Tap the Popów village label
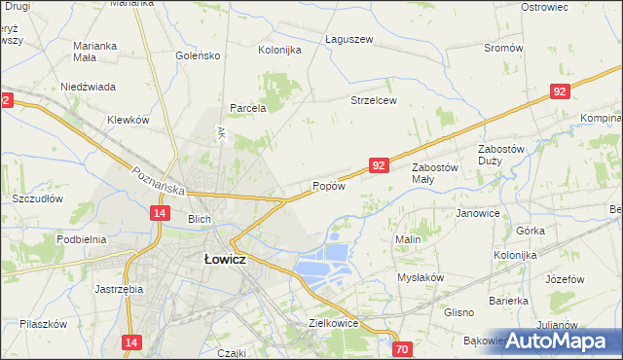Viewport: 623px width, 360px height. [329, 187]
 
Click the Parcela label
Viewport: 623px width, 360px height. [248, 108]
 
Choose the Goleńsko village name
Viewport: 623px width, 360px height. [199, 55]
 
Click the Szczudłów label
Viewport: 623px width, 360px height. [37, 198]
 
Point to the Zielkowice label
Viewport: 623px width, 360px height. [334, 323]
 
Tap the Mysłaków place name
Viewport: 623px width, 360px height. [421, 277]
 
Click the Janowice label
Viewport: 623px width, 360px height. [478, 213]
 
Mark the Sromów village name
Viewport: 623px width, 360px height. [503, 48]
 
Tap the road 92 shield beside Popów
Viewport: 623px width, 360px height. [380, 166]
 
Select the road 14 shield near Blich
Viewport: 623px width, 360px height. [160, 212]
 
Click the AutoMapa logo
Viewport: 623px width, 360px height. [558, 341]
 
